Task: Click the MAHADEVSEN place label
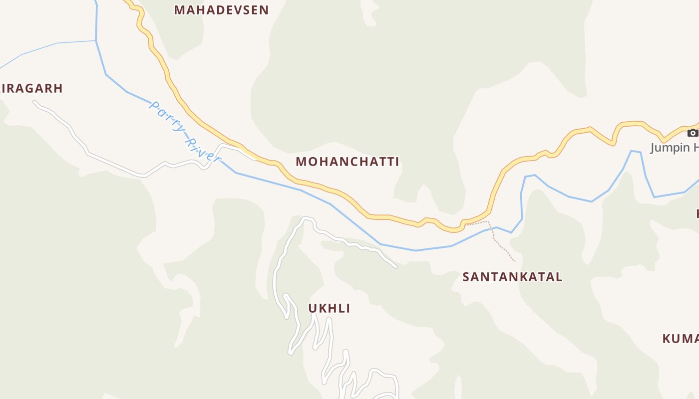221,10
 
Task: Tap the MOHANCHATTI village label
348,162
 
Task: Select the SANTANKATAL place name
512,277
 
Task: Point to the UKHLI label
329,308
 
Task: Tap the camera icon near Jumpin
693,133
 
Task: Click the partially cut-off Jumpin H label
675,148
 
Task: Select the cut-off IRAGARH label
31,88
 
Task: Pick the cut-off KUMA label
680,339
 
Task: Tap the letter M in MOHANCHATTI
301,162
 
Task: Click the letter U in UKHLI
313,308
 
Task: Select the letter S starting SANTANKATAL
466,277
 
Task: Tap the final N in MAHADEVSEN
264,10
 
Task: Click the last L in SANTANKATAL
559,277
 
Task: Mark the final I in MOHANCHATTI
397,162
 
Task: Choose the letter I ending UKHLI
348,308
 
